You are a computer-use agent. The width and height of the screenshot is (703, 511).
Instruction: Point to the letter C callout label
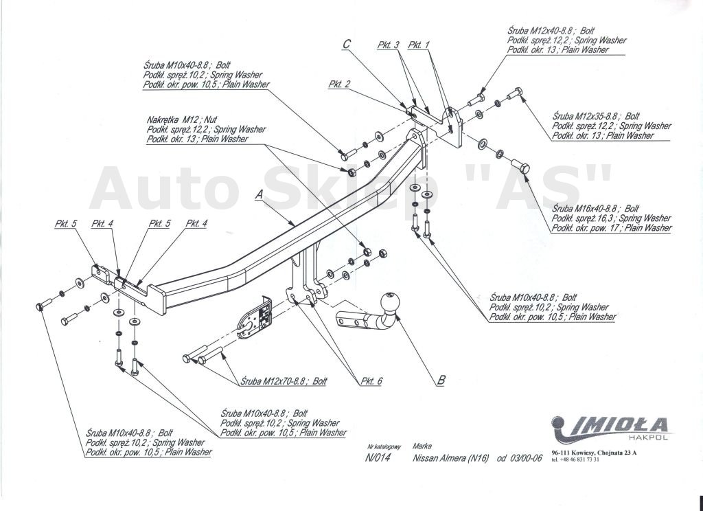coord(347,44)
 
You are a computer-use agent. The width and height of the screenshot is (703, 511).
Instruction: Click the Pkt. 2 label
coord(339,84)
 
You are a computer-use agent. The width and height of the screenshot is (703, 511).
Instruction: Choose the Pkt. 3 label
coord(388,45)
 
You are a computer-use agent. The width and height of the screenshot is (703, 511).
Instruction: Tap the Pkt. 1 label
coord(418,45)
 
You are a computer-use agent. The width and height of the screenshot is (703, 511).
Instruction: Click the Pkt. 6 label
coord(371,381)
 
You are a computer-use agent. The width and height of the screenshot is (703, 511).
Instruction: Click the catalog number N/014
coord(378,459)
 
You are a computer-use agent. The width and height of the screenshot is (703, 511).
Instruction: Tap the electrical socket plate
coord(256,318)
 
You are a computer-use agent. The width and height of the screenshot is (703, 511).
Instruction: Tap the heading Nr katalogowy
coord(384,446)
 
